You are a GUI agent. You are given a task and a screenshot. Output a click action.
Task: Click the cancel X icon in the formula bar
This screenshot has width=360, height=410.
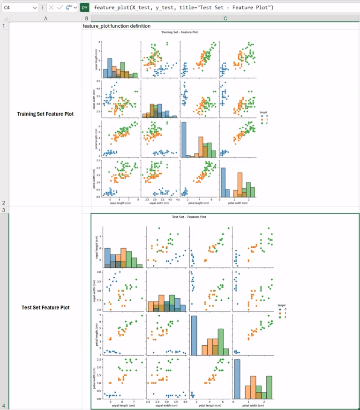[51, 8]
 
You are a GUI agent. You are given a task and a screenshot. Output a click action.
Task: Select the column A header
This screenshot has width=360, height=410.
[45, 18]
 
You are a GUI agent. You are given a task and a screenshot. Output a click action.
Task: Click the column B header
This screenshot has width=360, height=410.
[86, 18]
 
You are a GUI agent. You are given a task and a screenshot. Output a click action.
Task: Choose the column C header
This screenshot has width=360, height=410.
[225, 18]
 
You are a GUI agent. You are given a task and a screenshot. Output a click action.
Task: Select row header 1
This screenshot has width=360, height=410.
[4, 26]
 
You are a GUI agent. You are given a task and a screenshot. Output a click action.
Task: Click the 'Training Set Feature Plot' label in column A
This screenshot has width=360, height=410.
[45, 114]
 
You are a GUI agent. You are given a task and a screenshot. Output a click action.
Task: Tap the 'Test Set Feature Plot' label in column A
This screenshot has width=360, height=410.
[45, 308]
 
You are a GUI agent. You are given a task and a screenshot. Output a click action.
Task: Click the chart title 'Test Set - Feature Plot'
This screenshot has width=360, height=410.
[189, 217]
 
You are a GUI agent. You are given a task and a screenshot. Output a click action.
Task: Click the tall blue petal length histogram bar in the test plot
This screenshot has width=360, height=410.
[194, 335]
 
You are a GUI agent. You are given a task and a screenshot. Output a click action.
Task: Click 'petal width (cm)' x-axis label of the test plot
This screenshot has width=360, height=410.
[254, 405]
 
